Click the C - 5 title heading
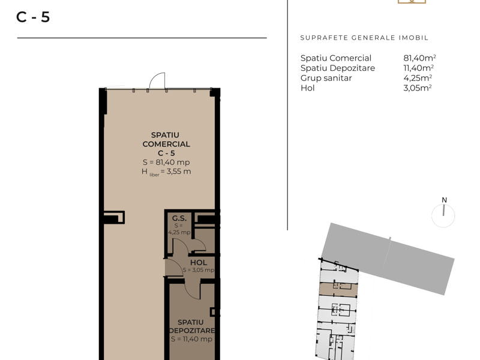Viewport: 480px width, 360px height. [33, 17]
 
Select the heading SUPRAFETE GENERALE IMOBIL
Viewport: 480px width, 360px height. [364, 38]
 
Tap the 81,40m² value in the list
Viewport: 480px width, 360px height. [419, 58]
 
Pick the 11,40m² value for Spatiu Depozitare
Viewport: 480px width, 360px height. [418, 68]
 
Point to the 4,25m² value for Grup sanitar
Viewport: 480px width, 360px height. [418, 78]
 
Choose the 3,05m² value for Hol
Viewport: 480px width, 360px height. [418, 88]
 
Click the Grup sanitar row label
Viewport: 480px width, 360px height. [326, 79]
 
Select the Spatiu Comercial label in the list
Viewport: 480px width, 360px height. [336, 58]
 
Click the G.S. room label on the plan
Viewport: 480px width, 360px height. [179, 218]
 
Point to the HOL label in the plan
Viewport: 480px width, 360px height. [199, 263]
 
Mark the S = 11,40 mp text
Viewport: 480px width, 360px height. [191, 339]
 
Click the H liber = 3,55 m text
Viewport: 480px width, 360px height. [166, 172]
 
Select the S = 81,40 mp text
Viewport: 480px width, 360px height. [166, 162]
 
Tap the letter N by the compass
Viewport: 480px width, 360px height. [444, 200]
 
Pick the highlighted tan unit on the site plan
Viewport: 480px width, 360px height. [338, 290]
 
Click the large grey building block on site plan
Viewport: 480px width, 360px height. [387, 259]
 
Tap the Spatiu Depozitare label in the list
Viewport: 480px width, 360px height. [338, 68]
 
